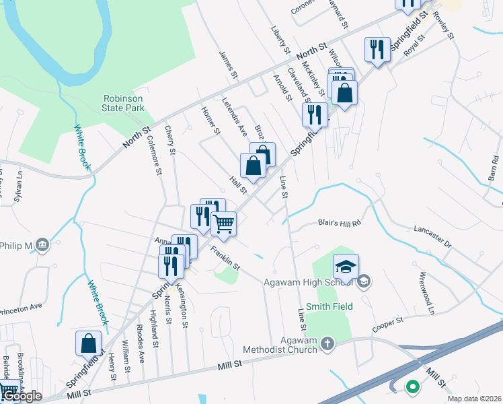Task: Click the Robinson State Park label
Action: [x=123, y=103]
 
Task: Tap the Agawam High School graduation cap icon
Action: [x=346, y=267]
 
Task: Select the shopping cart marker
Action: [x=223, y=224]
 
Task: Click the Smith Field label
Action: [x=329, y=306]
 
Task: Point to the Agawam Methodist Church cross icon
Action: [x=327, y=344]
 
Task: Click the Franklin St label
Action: [x=225, y=258]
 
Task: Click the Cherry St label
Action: [x=169, y=141]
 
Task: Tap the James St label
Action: [x=229, y=61]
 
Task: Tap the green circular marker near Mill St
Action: [x=412, y=387]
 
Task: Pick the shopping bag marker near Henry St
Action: [x=89, y=343]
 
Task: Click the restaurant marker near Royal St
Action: [x=376, y=49]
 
